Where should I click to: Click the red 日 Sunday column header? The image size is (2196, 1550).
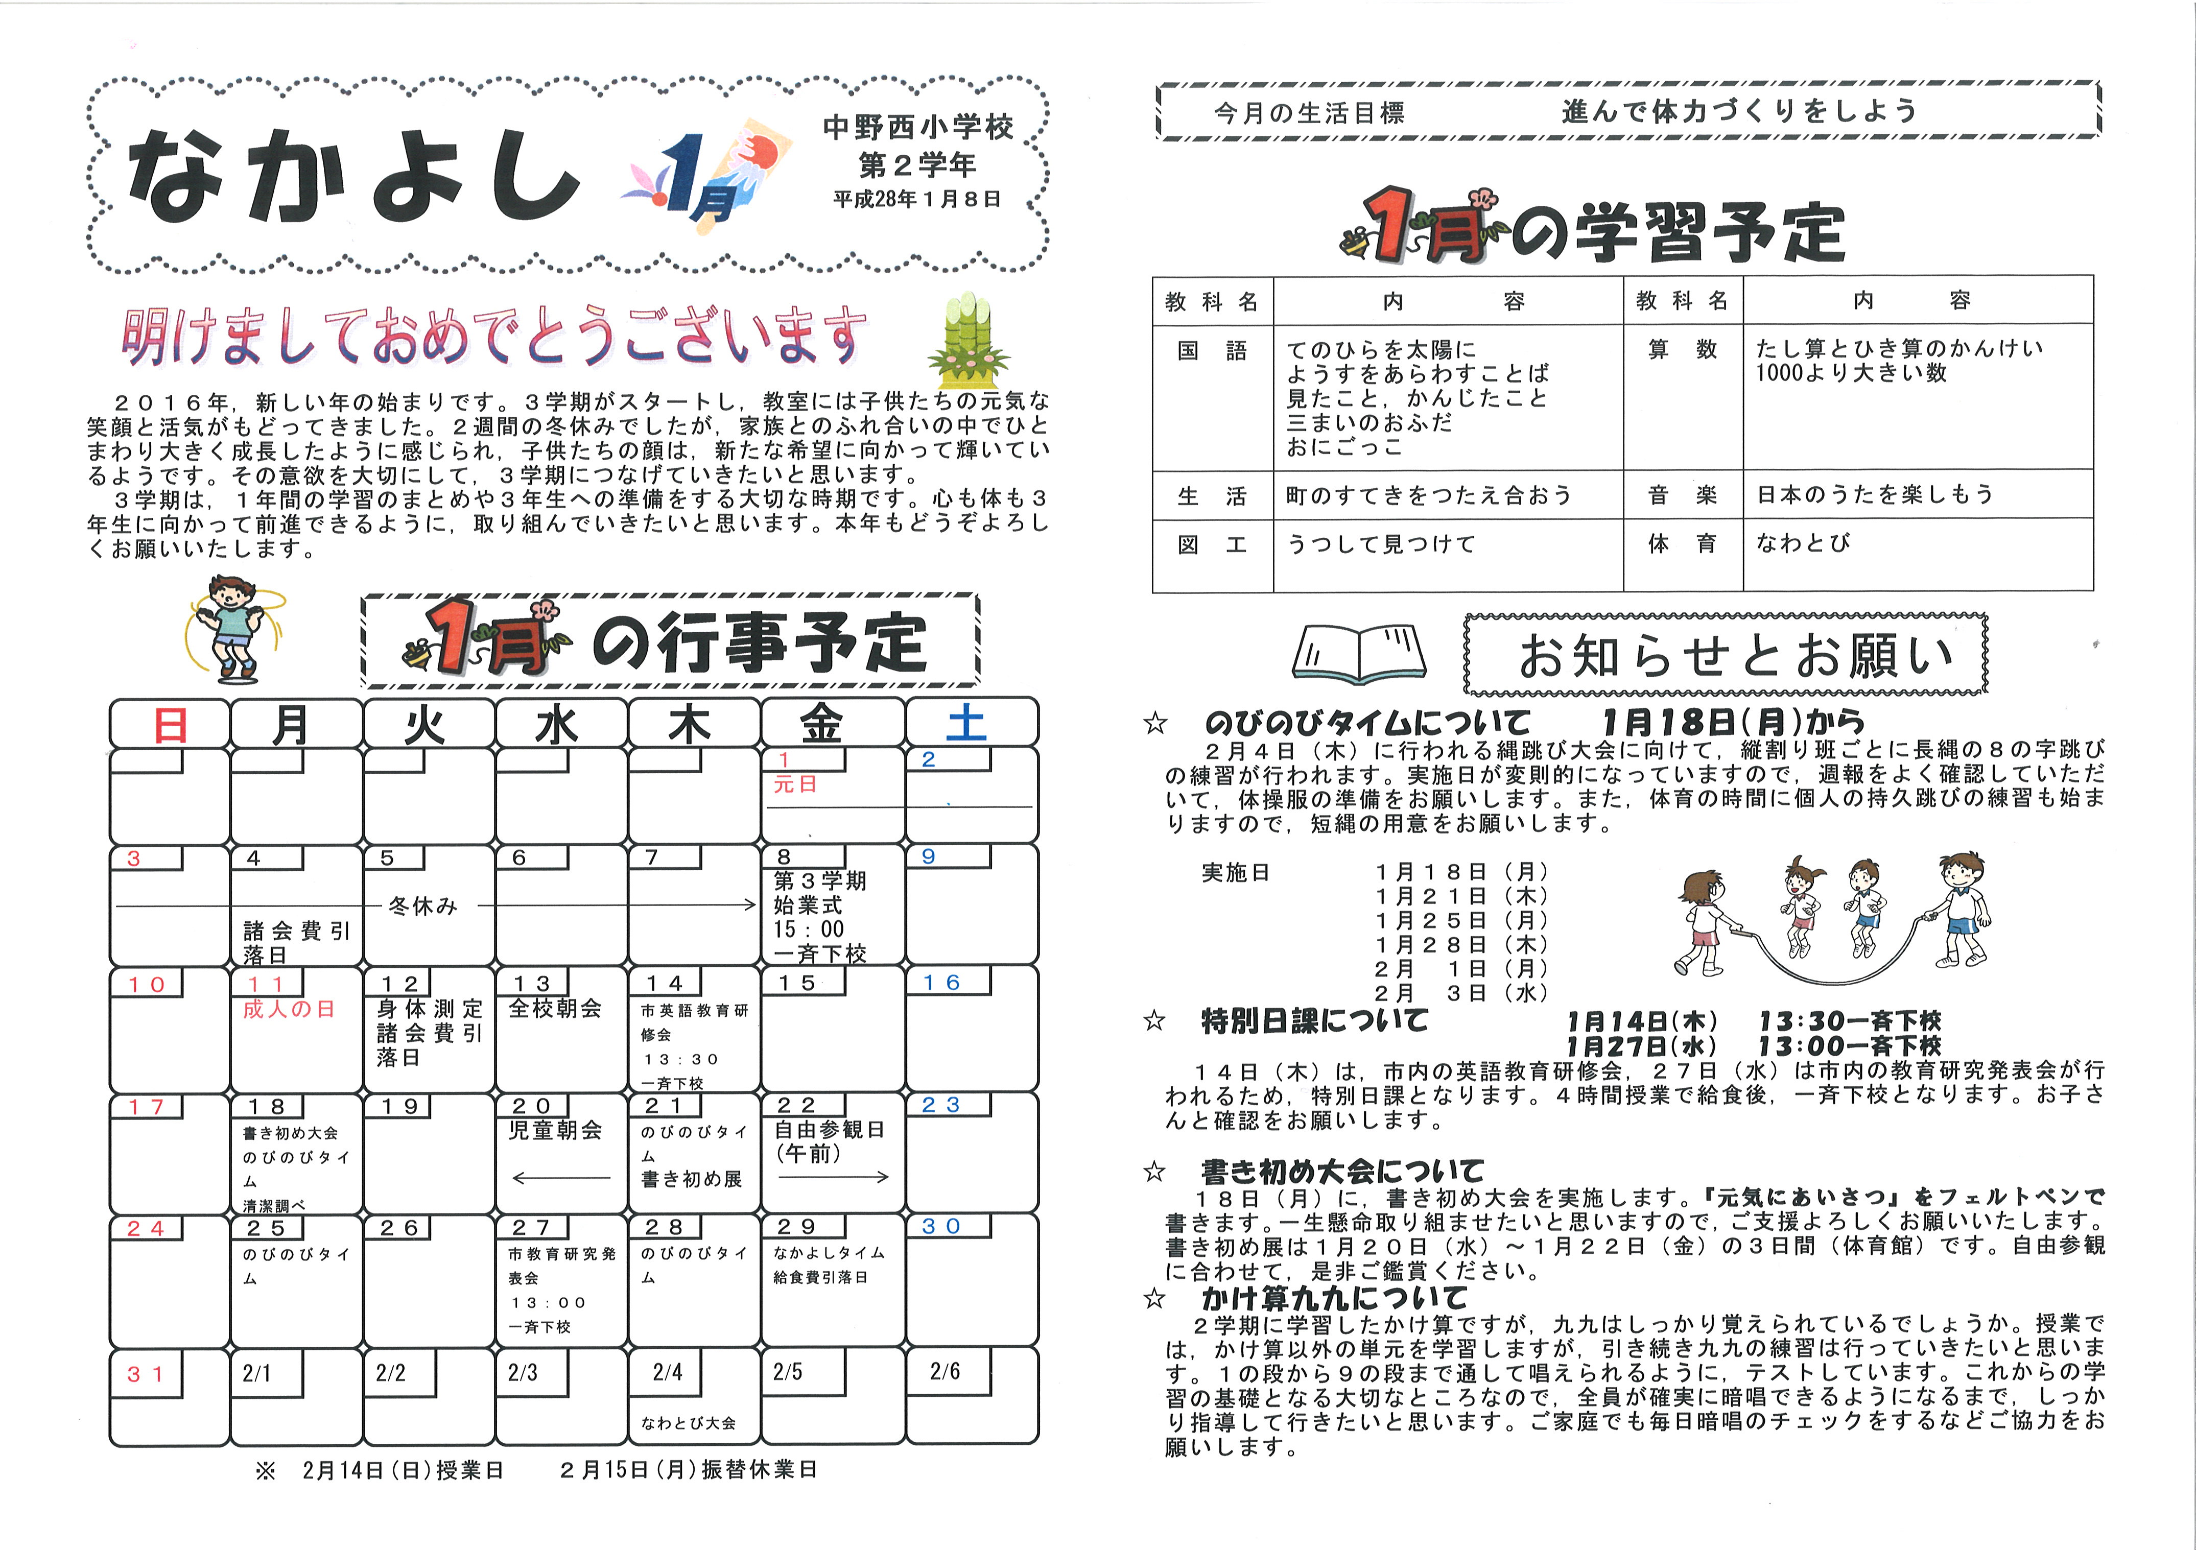[170, 724]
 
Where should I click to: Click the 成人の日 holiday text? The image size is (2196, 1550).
[289, 1010]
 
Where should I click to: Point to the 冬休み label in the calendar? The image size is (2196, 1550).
[423, 905]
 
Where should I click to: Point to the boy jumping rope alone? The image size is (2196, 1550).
[231, 626]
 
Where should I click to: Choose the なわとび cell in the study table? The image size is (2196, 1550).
[1802, 543]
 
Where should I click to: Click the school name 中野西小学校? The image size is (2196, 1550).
[917, 127]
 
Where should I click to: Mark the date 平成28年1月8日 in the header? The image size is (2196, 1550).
[916, 199]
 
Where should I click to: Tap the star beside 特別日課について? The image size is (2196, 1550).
[1154, 1021]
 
